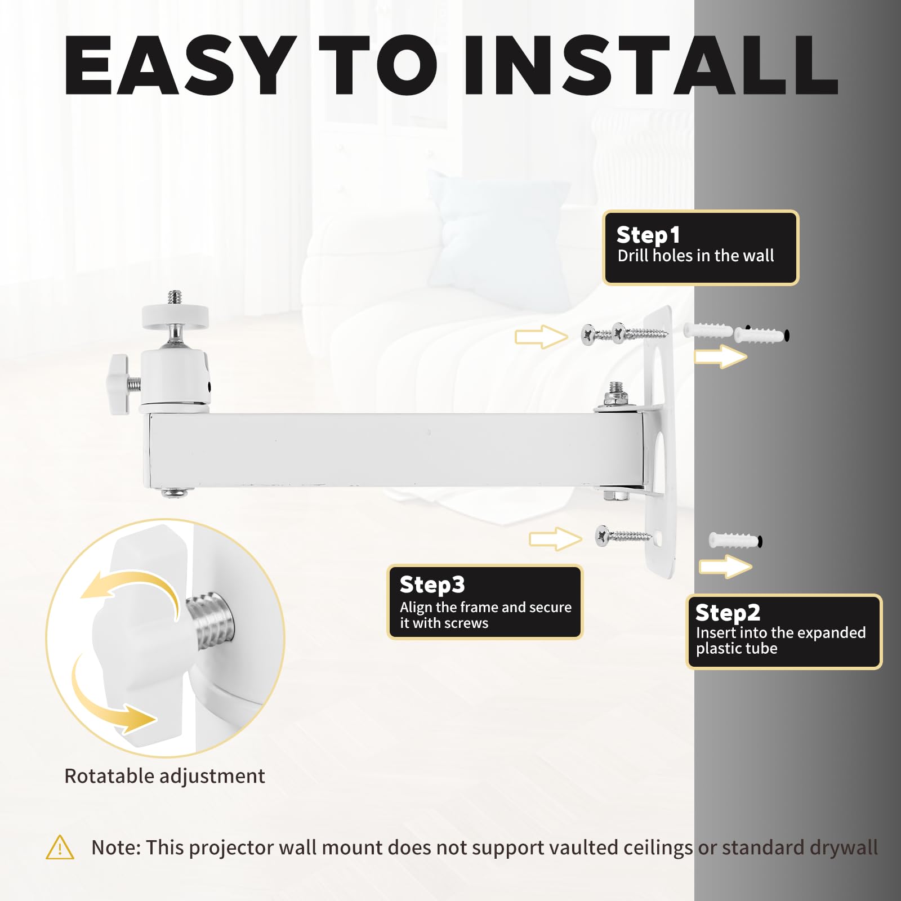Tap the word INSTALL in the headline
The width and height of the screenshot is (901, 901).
click(650, 65)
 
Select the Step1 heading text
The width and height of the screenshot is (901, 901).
click(648, 235)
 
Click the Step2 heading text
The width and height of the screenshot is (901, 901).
click(728, 612)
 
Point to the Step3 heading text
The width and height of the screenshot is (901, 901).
click(432, 585)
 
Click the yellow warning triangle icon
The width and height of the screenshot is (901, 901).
click(60, 848)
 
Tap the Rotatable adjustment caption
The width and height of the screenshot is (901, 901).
click(164, 776)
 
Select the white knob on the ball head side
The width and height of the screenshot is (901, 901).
click(120, 385)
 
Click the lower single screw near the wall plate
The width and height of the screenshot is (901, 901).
click(624, 535)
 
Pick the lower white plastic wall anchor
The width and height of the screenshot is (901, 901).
click(735, 541)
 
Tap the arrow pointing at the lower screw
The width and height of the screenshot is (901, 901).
click(555, 539)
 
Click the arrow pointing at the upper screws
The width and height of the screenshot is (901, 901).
click(541, 337)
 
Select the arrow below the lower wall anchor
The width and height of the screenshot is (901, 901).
click(725, 567)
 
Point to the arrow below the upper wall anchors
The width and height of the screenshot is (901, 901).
click(721, 356)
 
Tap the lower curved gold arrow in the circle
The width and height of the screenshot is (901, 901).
click(107, 704)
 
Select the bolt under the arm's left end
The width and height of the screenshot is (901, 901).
click(175, 493)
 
